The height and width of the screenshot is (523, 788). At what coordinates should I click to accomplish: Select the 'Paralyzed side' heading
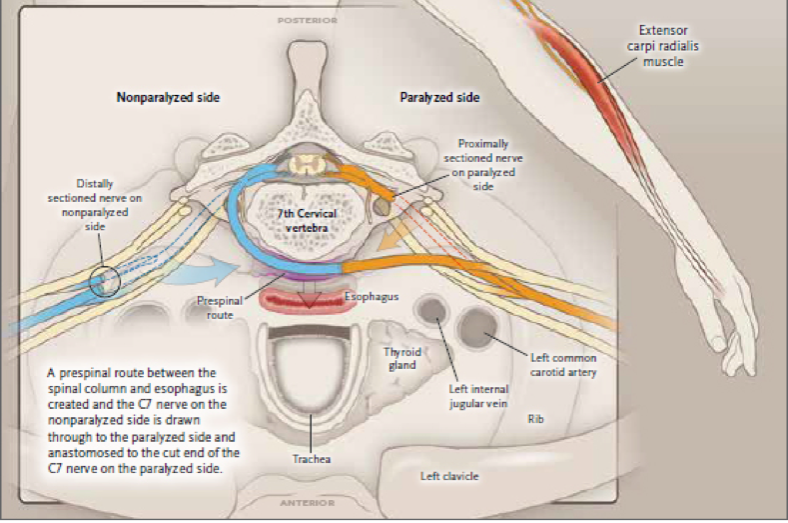pos(439,98)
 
